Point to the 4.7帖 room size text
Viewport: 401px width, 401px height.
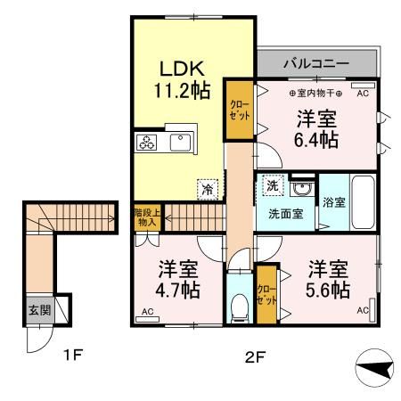coord(179,291)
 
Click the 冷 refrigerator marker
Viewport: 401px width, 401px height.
coord(207,188)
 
